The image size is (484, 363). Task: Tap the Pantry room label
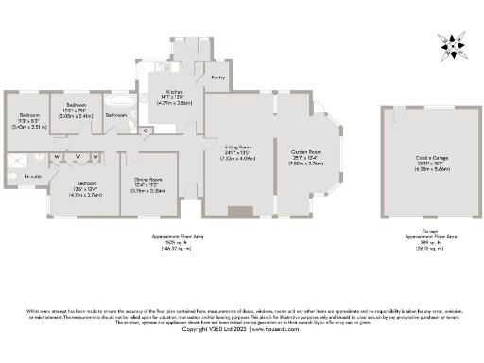[217, 77]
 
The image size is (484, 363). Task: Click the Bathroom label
[117, 115]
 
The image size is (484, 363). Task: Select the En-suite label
[33, 176]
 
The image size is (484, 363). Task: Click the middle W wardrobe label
[78, 156]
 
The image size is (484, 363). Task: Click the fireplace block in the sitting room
[239, 212]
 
